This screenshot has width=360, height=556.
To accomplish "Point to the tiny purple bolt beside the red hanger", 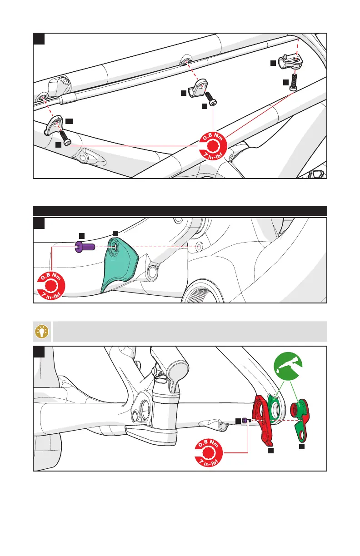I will pos(245,421).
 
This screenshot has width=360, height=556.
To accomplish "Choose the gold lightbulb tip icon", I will pos(42,332).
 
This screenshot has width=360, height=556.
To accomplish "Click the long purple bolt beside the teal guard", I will pos(85,247).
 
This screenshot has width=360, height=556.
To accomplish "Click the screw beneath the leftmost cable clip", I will pos(65,139).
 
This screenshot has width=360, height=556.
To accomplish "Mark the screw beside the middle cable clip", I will pos(211,99).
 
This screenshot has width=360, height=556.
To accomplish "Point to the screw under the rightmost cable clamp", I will pos(294,81).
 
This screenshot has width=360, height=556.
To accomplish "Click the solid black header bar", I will pos(180,210).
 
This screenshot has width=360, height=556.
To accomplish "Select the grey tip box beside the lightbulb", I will pos(190,332).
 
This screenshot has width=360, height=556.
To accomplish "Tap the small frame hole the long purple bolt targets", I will pos(198,247).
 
